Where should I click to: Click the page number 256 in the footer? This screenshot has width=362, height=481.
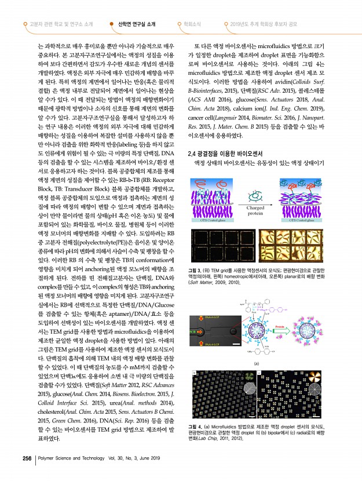pyautogui.click(x=26, y=458)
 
